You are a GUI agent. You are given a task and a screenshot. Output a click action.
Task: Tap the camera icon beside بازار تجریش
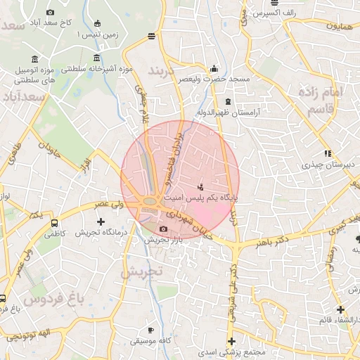point(164,229)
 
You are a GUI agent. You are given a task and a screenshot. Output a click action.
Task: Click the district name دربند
point(164,71)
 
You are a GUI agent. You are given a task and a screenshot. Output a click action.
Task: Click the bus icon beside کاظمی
point(55,223)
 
